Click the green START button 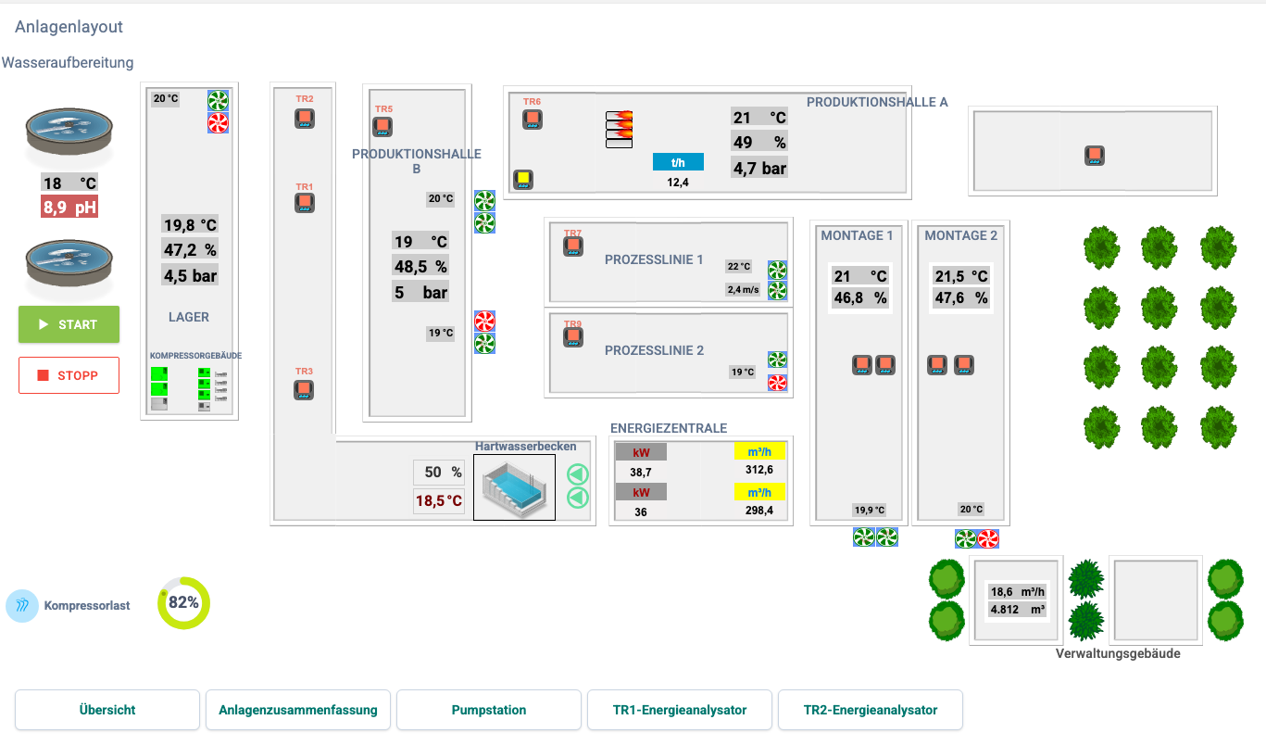[69, 324]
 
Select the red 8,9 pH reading [69, 207]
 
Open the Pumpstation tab [489, 710]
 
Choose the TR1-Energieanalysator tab [680, 710]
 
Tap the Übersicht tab [107, 710]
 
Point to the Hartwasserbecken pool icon [514, 487]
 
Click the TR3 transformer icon [304, 390]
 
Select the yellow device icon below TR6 [523, 180]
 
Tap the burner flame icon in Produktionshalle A [620, 129]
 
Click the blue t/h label [678, 162]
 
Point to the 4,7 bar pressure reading [759, 168]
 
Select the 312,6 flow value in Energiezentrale [759, 470]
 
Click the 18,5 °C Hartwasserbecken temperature [439, 500]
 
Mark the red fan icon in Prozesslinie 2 [777, 383]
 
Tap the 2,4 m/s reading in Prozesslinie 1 [744, 290]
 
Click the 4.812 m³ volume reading [1017, 609]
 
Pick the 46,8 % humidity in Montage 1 [859, 297]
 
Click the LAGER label [189, 317]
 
